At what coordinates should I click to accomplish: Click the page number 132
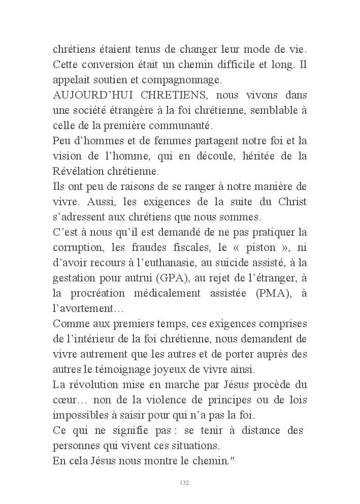point(185,483)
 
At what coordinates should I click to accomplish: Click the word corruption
point(79,249)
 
